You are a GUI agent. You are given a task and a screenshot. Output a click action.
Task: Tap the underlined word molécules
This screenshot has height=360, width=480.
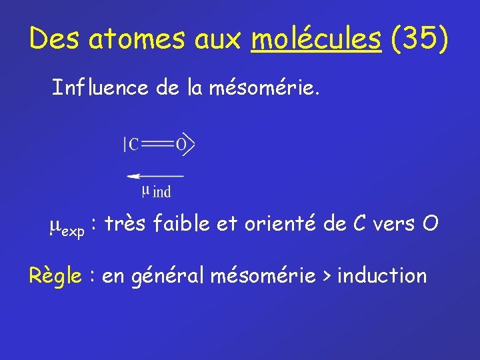pos(316,39)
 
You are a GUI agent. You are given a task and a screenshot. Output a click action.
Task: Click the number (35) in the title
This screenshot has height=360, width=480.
pos(420,39)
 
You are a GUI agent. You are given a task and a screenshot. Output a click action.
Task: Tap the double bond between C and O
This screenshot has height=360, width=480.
pos(157,144)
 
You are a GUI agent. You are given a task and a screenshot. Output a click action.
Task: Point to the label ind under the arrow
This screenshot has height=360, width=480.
pos(162,192)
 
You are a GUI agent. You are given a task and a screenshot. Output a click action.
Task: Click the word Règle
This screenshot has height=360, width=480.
pos(57,275)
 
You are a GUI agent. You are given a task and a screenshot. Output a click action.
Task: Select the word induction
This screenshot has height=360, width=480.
pos(382,275)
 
